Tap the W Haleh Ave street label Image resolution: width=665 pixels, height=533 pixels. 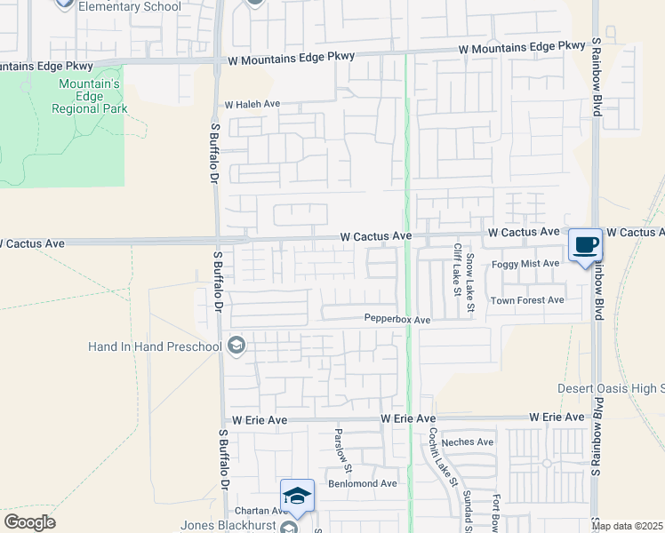point(252,104)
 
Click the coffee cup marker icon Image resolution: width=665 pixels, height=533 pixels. point(584,244)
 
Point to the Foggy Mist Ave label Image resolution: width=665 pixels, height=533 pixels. point(526,264)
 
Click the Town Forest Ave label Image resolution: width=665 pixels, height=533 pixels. point(528,300)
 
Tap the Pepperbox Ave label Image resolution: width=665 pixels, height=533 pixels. point(397,319)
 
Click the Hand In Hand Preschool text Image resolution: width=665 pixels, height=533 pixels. point(156,346)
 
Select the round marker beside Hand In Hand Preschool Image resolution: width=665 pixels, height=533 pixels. point(236,346)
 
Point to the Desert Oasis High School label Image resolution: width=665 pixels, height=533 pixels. point(611,388)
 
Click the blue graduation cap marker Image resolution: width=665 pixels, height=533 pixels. point(297,496)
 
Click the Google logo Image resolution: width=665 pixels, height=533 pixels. point(30,522)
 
